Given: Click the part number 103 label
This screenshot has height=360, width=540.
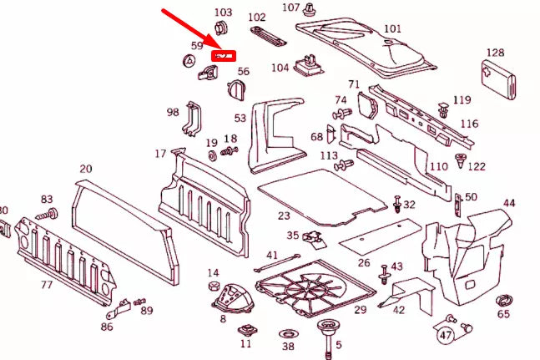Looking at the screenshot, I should coord(223,13).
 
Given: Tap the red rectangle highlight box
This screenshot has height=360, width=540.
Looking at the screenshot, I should coord(224,55).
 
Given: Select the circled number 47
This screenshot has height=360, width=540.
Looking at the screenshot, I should coord(446,336).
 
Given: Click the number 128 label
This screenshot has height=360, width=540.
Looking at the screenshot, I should coord(495,53).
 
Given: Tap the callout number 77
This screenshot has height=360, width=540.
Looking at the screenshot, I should coord(47,285).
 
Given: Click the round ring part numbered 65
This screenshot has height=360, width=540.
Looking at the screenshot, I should coord(504,300).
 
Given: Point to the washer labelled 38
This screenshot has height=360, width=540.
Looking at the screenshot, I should coord(288,331).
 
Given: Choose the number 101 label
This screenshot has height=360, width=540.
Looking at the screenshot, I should coord(392,29).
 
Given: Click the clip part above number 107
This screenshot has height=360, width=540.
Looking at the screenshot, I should coord(310,11).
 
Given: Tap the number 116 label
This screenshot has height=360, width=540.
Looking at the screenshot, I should coord(469,124).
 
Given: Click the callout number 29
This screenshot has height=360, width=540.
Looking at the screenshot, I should coord(360,310).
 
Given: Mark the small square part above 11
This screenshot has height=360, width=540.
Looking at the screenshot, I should coord(246,328).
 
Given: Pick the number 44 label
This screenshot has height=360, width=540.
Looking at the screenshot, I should coord(508,203).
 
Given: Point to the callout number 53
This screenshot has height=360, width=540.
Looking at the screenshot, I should coord(240,119).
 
